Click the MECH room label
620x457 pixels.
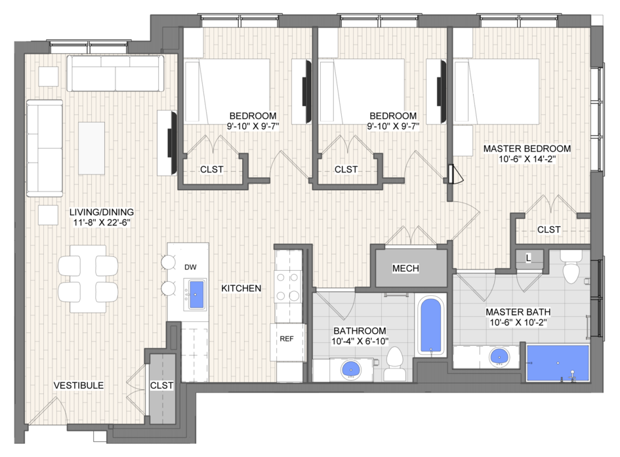(405, 269)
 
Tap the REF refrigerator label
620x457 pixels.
(287, 339)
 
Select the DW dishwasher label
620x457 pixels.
(190, 268)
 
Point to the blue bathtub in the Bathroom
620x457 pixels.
(430, 325)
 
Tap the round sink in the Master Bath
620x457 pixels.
(499, 357)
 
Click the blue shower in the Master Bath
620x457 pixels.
(558, 363)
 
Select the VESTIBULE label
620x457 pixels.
(79, 386)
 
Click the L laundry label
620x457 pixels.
(529, 258)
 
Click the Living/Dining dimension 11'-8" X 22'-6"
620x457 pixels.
(102, 223)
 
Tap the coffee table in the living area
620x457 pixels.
(91, 148)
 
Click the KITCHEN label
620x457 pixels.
(241, 288)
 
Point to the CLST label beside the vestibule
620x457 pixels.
(161, 386)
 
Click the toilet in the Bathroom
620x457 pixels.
(394, 363)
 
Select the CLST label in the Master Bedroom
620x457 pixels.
(549, 229)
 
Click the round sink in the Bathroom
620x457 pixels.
(350, 369)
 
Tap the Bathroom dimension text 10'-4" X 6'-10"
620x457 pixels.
(360, 341)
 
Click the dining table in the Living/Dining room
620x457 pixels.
(88, 279)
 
